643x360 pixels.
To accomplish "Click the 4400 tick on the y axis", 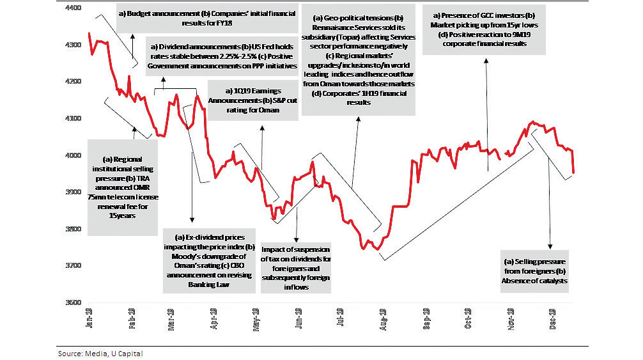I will click(x=75, y=9).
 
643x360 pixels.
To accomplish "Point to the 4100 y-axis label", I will click(x=75, y=119).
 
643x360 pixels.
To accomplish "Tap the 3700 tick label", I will click(x=75, y=265).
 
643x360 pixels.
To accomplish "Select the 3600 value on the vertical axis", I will click(x=75, y=302).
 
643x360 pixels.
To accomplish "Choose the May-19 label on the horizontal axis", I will click(x=256, y=317).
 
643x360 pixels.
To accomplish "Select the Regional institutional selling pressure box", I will click(x=122, y=187).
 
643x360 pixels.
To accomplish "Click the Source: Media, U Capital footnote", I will click(x=100, y=353).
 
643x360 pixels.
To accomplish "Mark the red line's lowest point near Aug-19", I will click(x=376, y=249).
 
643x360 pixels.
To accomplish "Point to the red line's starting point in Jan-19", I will click(x=89, y=33).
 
